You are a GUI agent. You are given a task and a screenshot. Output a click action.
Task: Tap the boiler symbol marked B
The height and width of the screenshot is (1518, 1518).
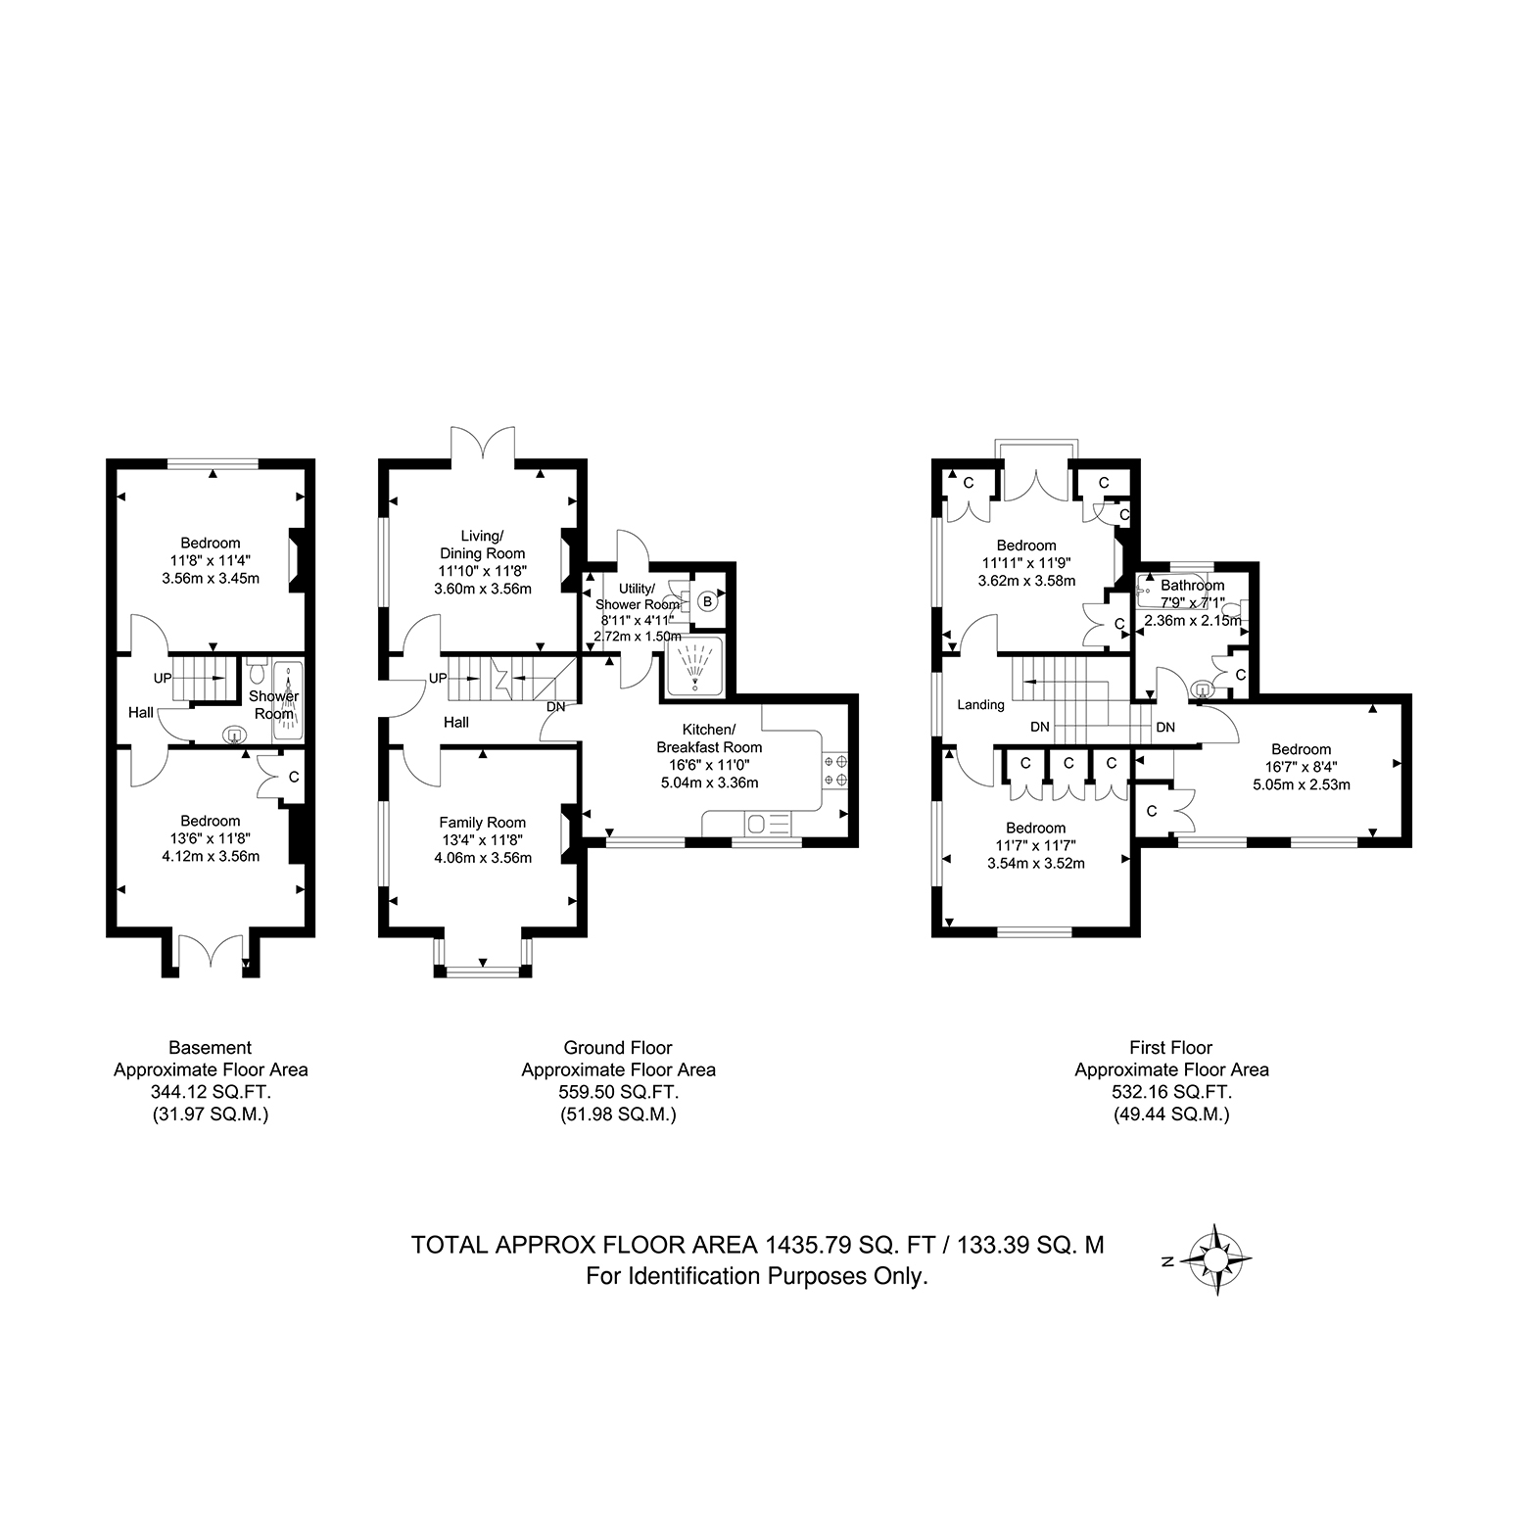[x=707, y=602]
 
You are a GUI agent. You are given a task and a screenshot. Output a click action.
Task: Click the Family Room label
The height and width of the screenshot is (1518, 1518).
[x=482, y=823]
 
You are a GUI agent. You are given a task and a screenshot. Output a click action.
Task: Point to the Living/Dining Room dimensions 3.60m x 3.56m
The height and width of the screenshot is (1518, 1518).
[x=483, y=589]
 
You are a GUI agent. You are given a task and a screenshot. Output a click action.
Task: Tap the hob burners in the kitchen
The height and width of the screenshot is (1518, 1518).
[x=834, y=770]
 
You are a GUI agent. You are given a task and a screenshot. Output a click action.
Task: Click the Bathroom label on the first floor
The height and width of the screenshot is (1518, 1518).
[x=1192, y=586]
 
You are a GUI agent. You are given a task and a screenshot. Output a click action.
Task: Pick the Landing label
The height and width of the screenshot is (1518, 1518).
[x=980, y=704]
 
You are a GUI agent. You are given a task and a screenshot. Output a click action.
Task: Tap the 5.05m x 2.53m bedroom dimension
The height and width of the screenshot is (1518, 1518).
[x=1302, y=784]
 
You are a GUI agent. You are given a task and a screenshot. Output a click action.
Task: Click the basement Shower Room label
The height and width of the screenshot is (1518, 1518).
[x=274, y=705]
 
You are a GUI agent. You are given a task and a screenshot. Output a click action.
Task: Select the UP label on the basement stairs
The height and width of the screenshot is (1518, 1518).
[x=162, y=678]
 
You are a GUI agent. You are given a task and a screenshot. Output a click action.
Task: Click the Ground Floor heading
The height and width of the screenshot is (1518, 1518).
[x=618, y=1048]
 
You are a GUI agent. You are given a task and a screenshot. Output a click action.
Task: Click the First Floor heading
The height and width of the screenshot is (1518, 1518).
[x=1171, y=1048]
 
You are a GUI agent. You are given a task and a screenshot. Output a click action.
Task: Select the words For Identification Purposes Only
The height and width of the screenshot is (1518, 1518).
[x=756, y=1276]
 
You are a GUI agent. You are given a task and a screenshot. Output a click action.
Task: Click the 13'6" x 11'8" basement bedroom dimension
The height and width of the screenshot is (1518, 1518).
[x=210, y=839]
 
